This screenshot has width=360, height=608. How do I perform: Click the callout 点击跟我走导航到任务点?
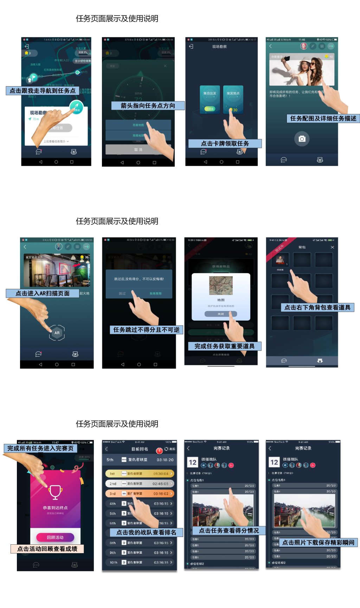coord(42,91)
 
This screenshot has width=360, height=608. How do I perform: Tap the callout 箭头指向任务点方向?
coord(148,106)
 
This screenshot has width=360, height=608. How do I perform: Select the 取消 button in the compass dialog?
coord(138,150)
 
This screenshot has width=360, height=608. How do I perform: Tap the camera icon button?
coord(302,139)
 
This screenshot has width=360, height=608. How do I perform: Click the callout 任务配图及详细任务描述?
coord(323,119)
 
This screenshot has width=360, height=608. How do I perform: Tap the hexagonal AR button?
coord(57,333)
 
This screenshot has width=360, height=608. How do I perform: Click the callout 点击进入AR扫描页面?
coord(42,293)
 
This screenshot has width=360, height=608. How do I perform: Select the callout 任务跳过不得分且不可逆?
coord(146,330)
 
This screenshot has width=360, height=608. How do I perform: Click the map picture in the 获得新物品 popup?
coord(221,285)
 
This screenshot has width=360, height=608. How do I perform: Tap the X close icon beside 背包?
coord(332,247)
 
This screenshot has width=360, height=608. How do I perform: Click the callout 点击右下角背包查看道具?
coord(317,308)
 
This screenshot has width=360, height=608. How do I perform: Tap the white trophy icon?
coord(56,492)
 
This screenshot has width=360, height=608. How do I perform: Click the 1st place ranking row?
coord(140,474)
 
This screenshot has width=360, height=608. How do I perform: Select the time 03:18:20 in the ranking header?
coord(165,460)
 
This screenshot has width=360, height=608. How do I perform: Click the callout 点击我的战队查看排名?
coord(146,532)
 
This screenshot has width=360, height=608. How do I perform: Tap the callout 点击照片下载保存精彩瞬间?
coord(318,543)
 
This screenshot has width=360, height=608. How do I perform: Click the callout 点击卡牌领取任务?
coord(225,144)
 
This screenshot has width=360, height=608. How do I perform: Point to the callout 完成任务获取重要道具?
coord(224,346)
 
